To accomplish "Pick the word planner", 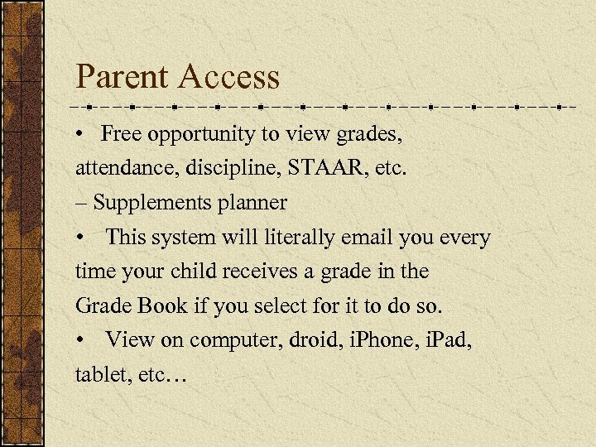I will click(x=251, y=203).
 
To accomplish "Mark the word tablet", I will click(x=99, y=376).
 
